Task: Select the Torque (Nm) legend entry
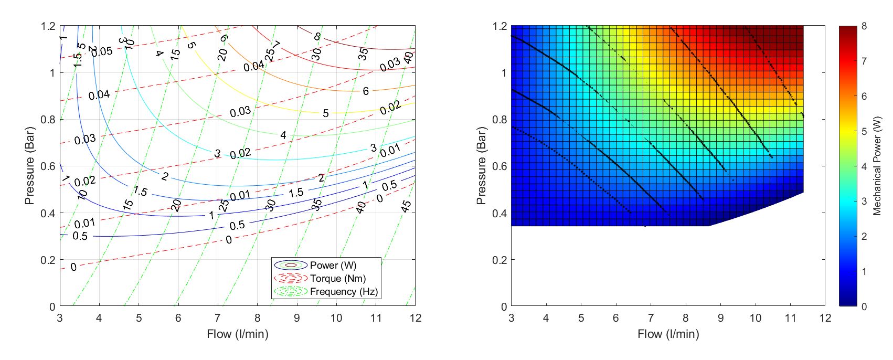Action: (x=337, y=279)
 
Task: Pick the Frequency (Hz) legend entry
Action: (x=343, y=292)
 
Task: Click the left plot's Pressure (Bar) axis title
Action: (x=30, y=166)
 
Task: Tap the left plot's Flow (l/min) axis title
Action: (x=237, y=334)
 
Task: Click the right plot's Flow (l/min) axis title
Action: (x=668, y=334)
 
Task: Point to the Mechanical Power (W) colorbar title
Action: (x=877, y=166)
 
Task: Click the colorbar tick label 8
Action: (x=864, y=26)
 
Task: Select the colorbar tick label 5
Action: (x=864, y=131)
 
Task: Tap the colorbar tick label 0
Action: (x=864, y=306)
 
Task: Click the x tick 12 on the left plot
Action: (x=415, y=318)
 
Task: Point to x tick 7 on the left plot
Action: (x=218, y=318)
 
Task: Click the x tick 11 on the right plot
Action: (x=790, y=318)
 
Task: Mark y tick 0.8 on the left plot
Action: (x=48, y=120)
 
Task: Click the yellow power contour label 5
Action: (x=326, y=113)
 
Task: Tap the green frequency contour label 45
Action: (x=406, y=206)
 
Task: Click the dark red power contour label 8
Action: (x=317, y=37)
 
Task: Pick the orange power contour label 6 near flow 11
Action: (x=366, y=91)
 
